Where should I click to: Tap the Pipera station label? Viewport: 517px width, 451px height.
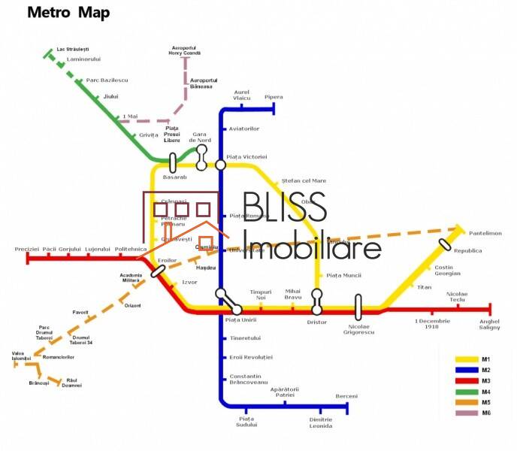(x=274, y=97)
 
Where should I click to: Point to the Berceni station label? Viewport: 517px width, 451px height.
(x=346, y=396)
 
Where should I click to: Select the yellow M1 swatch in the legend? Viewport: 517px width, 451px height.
(x=468, y=359)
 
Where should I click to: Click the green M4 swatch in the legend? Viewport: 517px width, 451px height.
(x=468, y=392)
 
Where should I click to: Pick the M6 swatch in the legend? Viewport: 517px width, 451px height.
(x=468, y=413)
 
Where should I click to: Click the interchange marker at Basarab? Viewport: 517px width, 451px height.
(x=173, y=162)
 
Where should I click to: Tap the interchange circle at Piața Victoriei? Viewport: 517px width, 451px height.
(x=221, y=165)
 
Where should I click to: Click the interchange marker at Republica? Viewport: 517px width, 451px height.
(x=446, y=244)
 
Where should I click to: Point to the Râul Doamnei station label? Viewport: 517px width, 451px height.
(x=72, y=383)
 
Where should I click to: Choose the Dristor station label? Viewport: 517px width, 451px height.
(x=317, y=322)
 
